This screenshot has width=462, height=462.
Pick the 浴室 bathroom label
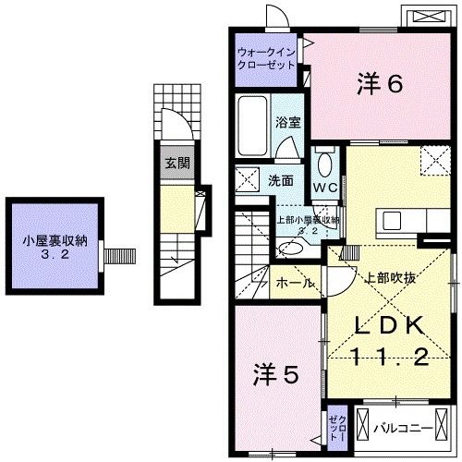coord(287,122)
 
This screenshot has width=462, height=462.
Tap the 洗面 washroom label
coord(282,181)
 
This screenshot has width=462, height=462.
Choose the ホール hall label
coord(295,283)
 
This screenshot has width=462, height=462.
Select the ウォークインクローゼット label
coord(265,59)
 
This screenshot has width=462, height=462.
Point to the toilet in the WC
coord(323,164)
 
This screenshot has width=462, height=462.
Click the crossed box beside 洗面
coord(248,179)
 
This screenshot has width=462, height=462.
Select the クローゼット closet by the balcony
coord(336,428)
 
